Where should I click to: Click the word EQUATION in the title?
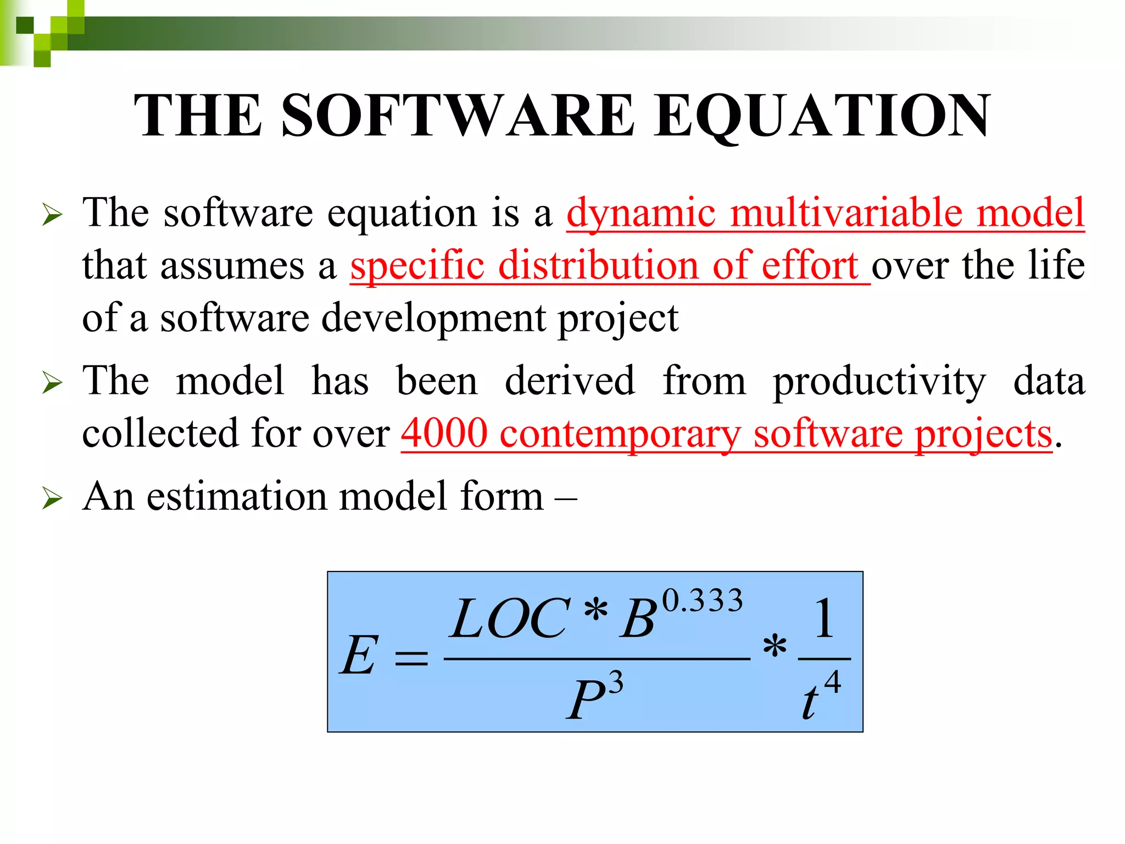(x=822, y=116)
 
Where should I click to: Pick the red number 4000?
(x=444, y=433)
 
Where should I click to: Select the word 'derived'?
(x=570, y=380)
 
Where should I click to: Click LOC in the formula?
(x=509, y=619)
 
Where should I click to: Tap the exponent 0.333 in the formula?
(x=703, y=600)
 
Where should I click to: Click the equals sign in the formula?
(x=411, y=657)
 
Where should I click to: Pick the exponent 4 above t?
(x=832, y=682)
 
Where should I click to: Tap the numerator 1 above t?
(x=824, y=619)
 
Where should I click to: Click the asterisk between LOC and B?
(x=596, y=610)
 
